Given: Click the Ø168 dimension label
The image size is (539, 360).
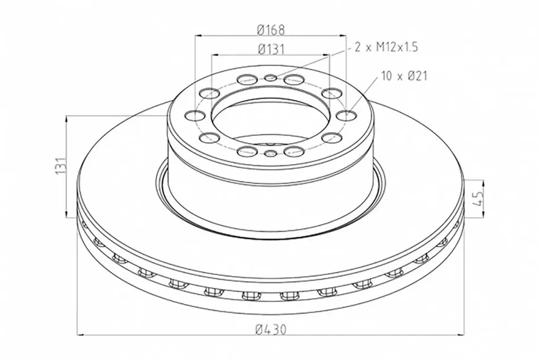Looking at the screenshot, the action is point(271,30).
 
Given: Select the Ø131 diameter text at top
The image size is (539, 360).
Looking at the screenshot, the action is point(271,49).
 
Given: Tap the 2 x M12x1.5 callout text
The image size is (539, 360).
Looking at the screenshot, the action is point(386,47).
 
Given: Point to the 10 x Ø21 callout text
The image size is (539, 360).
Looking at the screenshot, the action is point(404,76).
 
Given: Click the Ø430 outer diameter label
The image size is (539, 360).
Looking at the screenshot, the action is point(271,330).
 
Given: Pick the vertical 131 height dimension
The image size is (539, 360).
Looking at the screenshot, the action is point(61,166).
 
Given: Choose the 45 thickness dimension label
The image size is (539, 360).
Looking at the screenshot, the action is point(478,199).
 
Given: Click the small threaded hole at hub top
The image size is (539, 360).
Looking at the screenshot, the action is point(271,78).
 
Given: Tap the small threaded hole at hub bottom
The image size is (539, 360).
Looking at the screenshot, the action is point(271,153).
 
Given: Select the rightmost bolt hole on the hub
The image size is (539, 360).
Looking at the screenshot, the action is point(347,115).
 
